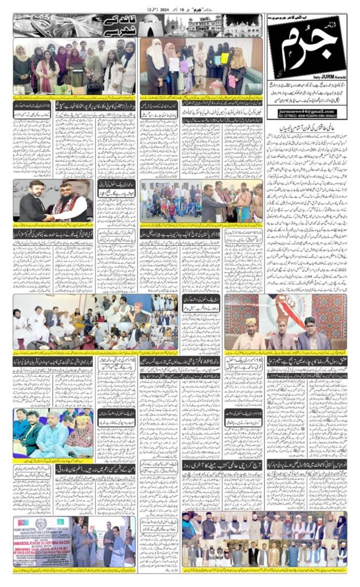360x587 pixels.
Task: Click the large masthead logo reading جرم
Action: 306,52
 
